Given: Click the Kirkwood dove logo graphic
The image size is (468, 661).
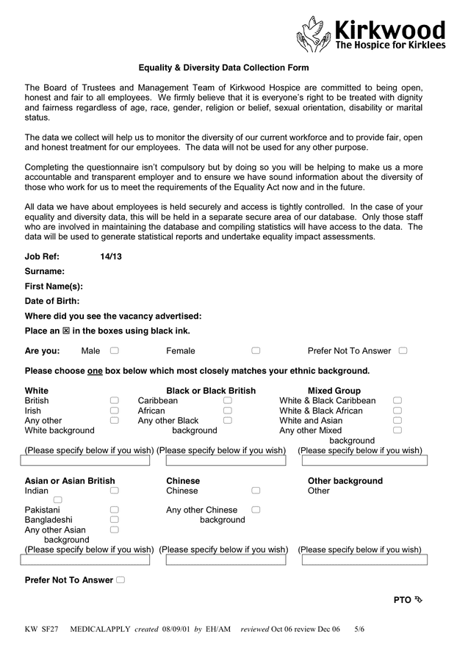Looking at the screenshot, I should point(314,34).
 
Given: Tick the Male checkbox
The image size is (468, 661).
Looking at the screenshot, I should point(115,351).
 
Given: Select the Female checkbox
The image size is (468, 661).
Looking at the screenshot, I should point(256,351).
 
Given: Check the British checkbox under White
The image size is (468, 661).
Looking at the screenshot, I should point(115,401).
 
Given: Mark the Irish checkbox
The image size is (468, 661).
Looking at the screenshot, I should point(115,411).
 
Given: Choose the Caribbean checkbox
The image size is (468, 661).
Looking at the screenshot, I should point(228,401).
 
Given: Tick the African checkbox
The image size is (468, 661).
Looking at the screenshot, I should point(228,411).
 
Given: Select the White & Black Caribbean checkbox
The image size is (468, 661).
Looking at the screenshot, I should point(397,401).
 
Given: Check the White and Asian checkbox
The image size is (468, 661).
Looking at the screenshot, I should point(397,421).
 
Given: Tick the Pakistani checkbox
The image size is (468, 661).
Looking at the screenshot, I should point(115,510).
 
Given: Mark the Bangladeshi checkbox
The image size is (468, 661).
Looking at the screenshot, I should point(115,519).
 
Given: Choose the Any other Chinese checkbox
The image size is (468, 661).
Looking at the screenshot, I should point(256,510).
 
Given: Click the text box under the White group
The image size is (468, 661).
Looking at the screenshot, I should point(85,461).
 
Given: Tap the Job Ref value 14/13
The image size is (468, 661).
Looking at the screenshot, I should point(111,257).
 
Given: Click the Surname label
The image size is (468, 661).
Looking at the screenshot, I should point(45,272).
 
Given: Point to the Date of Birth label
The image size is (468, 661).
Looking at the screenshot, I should point(52,301).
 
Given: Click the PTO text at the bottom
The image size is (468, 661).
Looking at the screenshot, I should point(403,600).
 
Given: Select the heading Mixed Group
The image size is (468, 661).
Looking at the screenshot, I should point(334,391).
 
